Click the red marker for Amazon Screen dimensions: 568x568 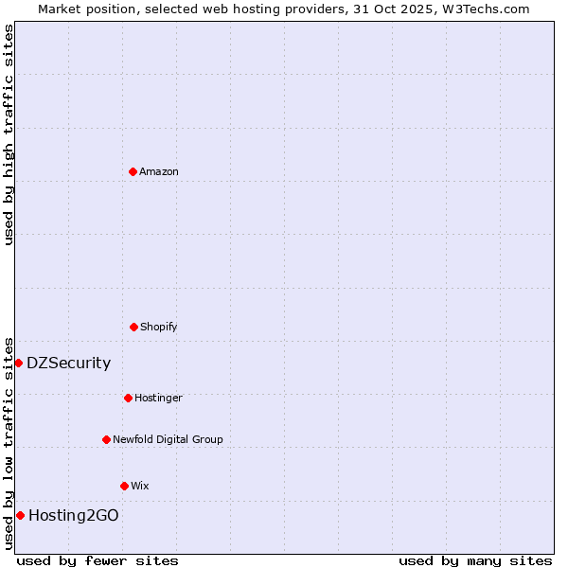tap(133, 171)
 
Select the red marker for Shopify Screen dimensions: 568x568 tap(133, 327)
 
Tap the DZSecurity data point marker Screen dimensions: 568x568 tap(18, 363)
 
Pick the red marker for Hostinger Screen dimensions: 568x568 tap(128, 398)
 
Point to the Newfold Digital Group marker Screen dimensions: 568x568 tap(106, 439)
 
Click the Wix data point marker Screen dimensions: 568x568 tap(124, 486)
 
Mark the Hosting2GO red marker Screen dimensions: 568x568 tap(20, 515)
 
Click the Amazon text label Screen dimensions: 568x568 tap(159, 171)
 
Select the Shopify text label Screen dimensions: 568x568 tap(159, 327)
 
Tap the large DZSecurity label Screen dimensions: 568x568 tap(68, 363)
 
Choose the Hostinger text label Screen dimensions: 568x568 tap(158, 398)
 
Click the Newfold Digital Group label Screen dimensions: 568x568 tap(168, 439)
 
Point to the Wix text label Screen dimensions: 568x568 tap(140, 486)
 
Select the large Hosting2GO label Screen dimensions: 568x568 tap(74, 515)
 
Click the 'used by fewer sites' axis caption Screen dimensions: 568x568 tap(98, 560)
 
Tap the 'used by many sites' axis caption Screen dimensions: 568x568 tap(475, 560)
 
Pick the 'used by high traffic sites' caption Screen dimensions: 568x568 tap(9, 134)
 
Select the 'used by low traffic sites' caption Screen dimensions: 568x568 tap(9, 442)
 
